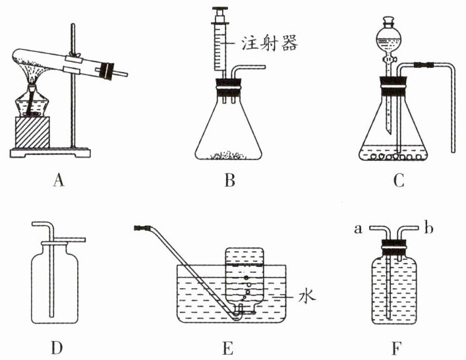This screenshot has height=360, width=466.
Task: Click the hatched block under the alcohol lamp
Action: pos(32,133)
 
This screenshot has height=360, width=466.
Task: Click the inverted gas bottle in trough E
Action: pos(245,277)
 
